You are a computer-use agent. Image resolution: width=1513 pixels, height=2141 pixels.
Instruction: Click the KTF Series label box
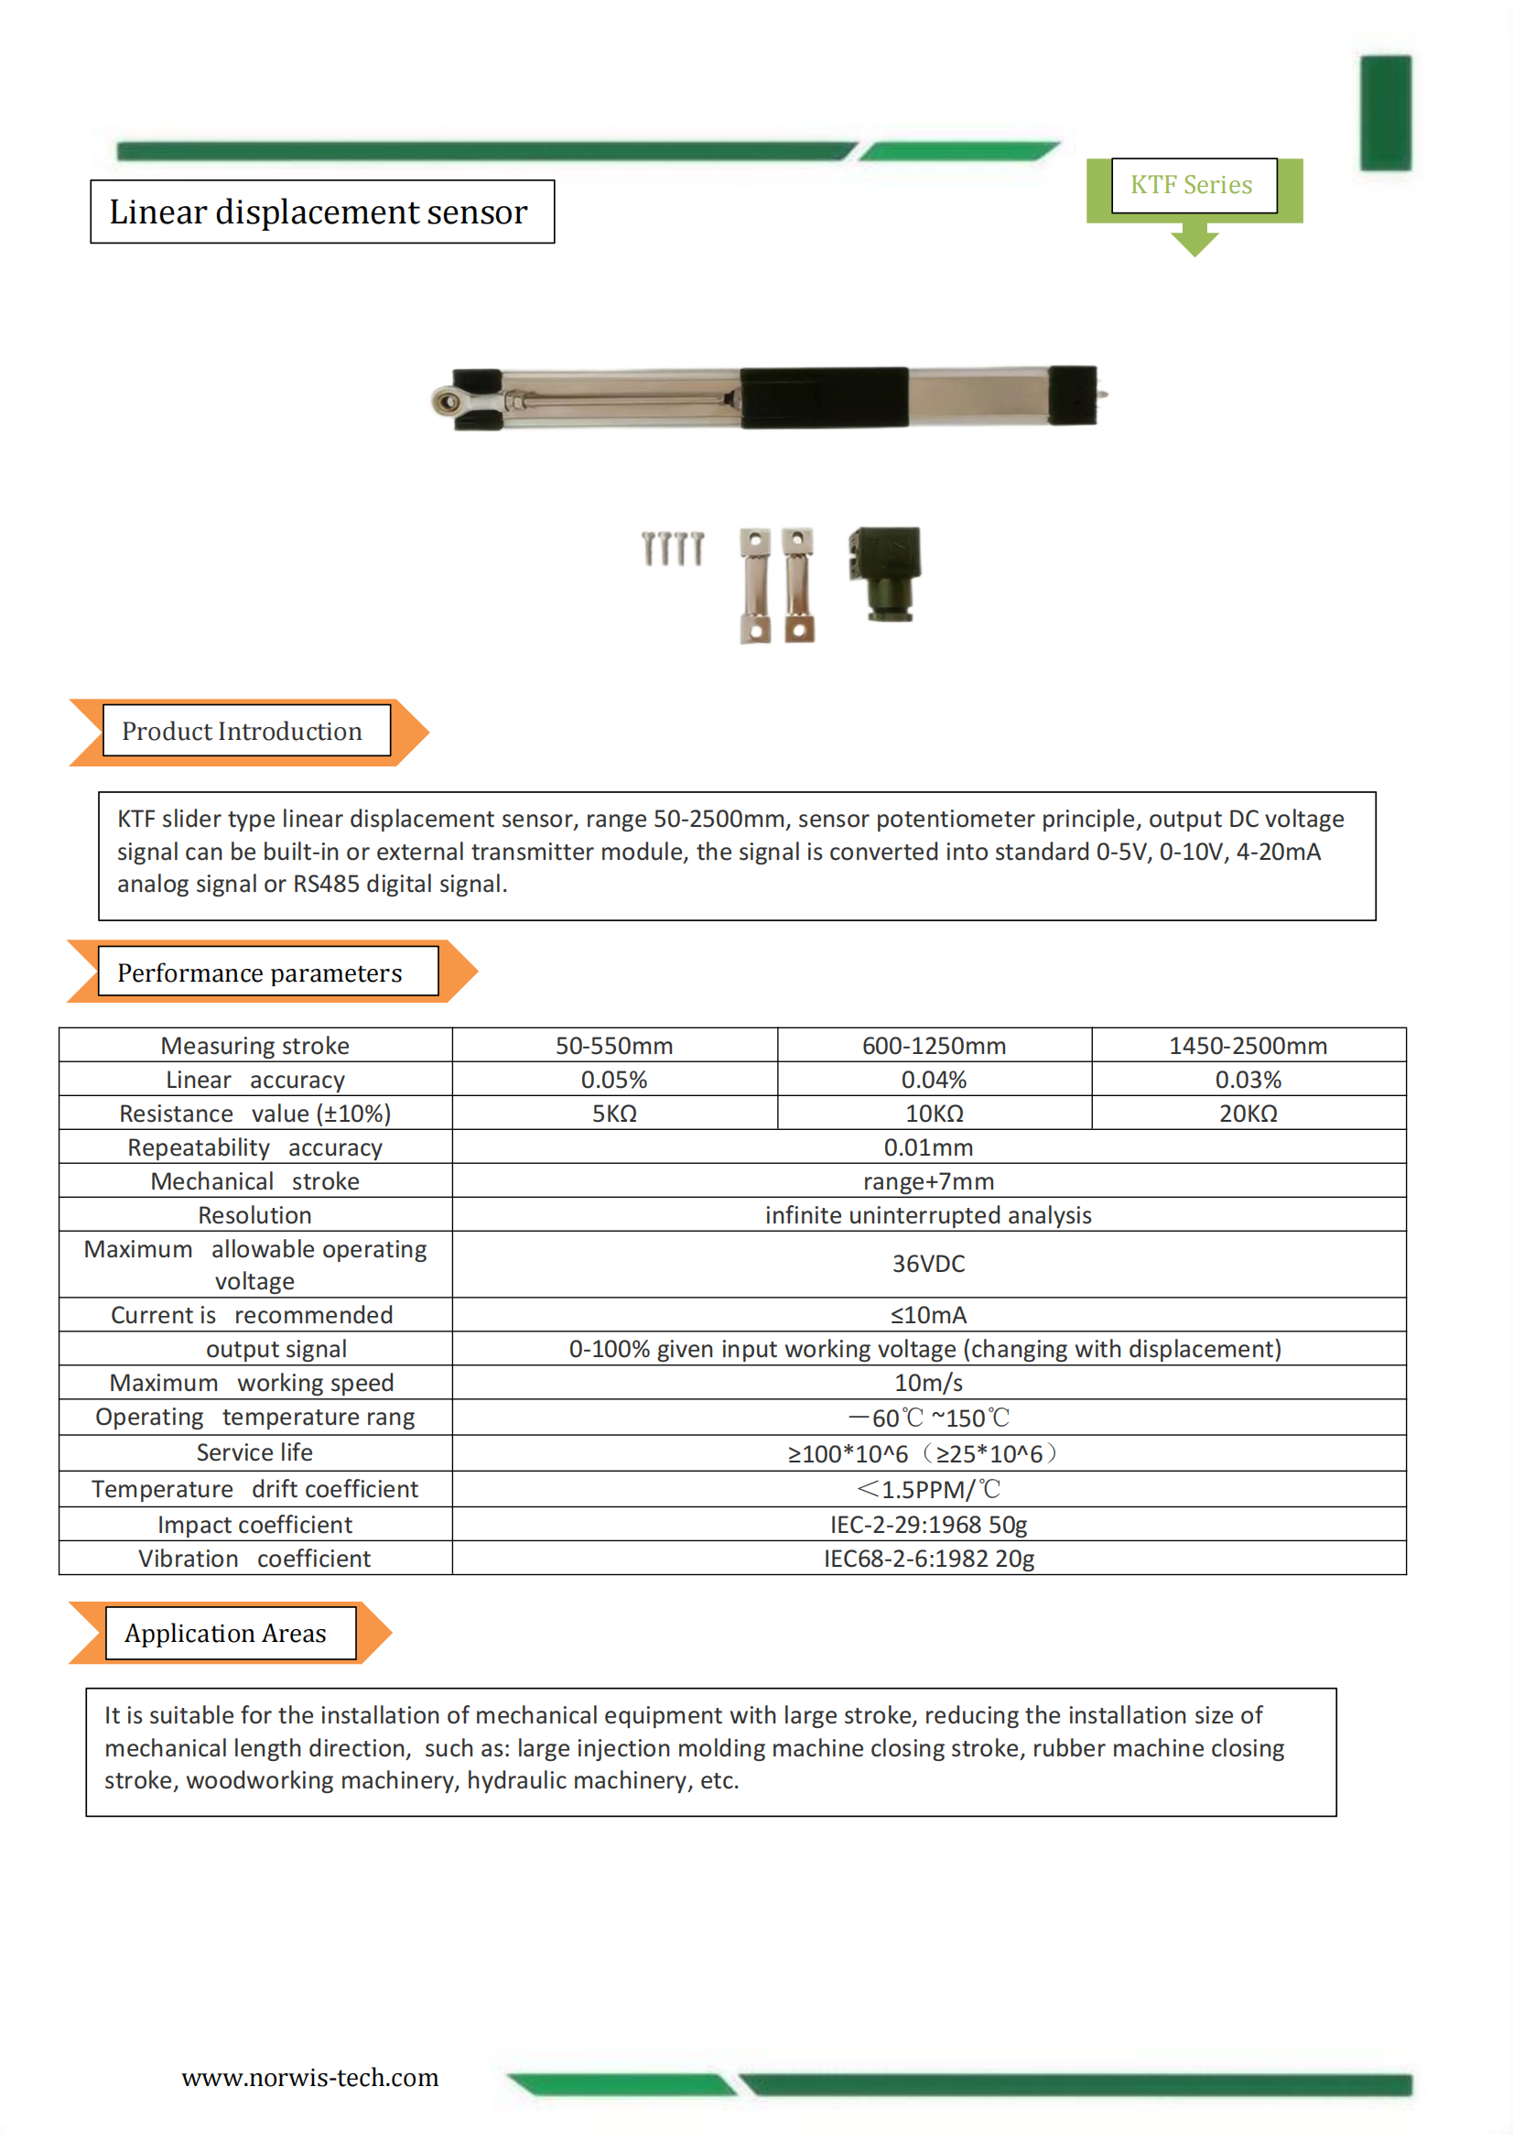[1193, 185]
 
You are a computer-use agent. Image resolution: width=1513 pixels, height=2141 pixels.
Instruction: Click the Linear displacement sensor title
[319, 212]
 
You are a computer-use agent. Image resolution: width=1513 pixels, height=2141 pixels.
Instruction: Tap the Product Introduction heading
[243, 731]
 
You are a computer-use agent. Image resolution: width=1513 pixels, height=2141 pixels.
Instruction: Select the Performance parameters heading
[260, 973]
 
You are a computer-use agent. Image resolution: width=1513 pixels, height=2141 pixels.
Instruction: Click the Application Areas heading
[225, 1633]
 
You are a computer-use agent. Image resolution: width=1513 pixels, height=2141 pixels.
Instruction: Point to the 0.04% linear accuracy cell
[934, 1079]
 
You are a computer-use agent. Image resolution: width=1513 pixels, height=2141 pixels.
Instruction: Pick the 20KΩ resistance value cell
[1248, 1114]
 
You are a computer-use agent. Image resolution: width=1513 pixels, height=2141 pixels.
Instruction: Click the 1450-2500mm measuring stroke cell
[1248, 1046]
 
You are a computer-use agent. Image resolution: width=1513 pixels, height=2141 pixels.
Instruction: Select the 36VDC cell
[927, 1264]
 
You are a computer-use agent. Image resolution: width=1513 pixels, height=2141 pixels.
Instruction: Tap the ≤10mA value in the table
[927, 1315]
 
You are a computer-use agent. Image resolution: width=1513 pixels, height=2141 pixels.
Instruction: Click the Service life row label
[254, 1451]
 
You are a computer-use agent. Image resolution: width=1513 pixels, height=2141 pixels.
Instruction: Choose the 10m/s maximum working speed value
[927, 1382]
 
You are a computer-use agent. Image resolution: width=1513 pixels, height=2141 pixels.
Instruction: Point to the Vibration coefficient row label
[254, 1559]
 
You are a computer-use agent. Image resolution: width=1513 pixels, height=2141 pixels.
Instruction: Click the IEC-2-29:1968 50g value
[927, 1524]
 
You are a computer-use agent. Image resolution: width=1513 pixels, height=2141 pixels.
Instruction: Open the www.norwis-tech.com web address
[309, 2077]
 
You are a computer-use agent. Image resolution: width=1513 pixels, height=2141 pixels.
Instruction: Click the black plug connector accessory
[885, 571]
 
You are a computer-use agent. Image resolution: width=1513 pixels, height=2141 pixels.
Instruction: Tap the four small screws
[672, 549]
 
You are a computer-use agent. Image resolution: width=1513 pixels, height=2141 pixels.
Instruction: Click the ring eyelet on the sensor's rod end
[447, 402]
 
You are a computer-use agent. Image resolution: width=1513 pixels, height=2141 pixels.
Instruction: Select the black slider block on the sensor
[824, 398]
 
